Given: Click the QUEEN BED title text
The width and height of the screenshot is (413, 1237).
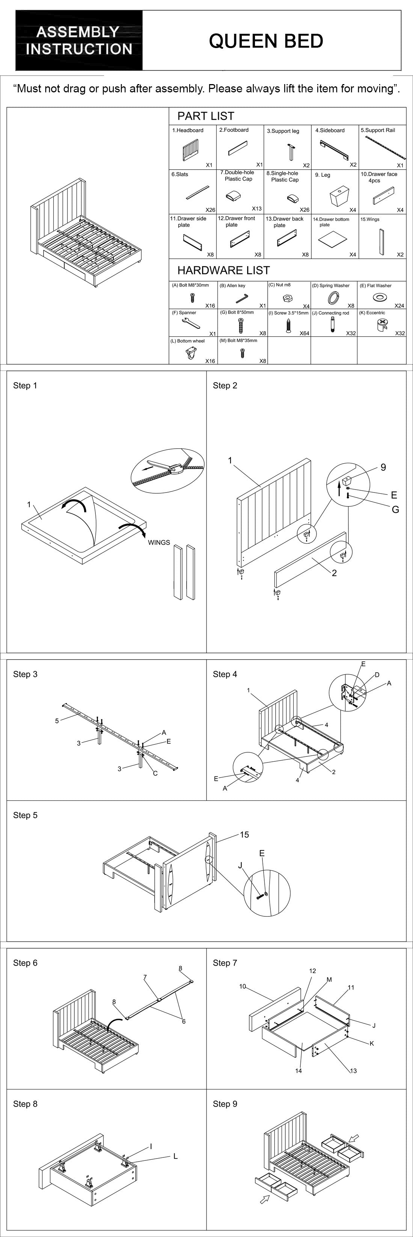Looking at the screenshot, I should [x=265, y=41].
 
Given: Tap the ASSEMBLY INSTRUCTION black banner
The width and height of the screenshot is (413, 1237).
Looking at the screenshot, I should [x=79, y=41].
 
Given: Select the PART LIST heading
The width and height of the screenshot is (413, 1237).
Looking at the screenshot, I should [x=205, y=116].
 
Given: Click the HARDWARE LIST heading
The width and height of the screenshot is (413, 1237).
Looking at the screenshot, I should [x=223, y=270].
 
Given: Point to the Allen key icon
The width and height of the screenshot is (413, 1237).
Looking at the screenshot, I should [x=241, y=299].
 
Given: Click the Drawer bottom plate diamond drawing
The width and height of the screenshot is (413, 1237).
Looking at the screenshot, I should [x=332, y=238].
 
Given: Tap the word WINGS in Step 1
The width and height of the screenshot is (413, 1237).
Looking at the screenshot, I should [x=159, y=542].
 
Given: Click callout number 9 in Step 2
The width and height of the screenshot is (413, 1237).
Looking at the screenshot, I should [x=383, y=467].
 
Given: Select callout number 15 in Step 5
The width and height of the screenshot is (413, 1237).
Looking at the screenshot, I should [x=244, y=835].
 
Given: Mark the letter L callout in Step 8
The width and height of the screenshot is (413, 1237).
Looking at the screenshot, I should [x=176, y=1156].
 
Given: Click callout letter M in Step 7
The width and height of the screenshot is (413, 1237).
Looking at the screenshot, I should [x=329, y=979].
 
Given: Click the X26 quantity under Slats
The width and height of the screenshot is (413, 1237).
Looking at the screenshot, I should [x=210, y=210].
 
